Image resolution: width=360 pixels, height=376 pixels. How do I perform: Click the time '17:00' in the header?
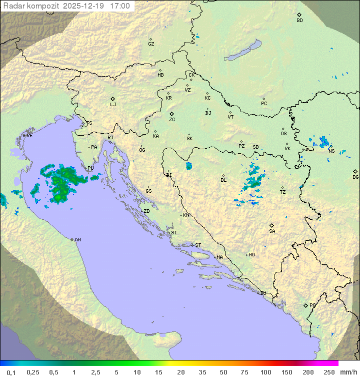pyautogui.click(x=119, y=6)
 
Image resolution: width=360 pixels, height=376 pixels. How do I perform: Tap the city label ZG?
pyautogui.click(x=172, y=120)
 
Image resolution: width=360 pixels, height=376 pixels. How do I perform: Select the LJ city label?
pyautogui.click(x=113, y=105)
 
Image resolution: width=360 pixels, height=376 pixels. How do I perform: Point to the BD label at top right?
pyautogui.click(x=299, y=21)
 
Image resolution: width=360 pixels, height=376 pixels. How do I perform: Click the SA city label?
pyautogui.click(x=272, y=231)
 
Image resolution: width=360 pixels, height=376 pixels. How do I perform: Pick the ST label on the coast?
pyautogui.click(x=198, y=245)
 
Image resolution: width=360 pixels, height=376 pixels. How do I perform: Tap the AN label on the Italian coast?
pyautogui.click(x=77, y=240)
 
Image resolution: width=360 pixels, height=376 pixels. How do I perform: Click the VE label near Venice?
pyautogui.click(x=29, y=136)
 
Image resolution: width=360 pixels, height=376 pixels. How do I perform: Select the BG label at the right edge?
pyautogui.click(x=355, y=177)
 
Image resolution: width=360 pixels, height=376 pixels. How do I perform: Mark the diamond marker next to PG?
pyautogui.click(x=305, y=305)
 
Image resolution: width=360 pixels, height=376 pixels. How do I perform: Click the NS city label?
pyautogui.click(x=331, y=151)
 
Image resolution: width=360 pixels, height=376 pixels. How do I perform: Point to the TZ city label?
pyautogui.click(x=283, y=192)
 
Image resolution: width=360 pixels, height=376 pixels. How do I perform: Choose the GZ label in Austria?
pyautogui.click(x=151, y=44)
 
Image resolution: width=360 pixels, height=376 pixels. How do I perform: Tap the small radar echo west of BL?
pyautogui.click(x=189, y=166)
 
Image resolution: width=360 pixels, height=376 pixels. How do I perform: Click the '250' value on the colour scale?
pyautogui.click(x=328, y=372)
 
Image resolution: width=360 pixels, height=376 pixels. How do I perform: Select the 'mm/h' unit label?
pyautogui.click(x=348, y=372)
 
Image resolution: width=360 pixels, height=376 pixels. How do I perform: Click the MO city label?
pyautogui.click(x=251, y=255)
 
